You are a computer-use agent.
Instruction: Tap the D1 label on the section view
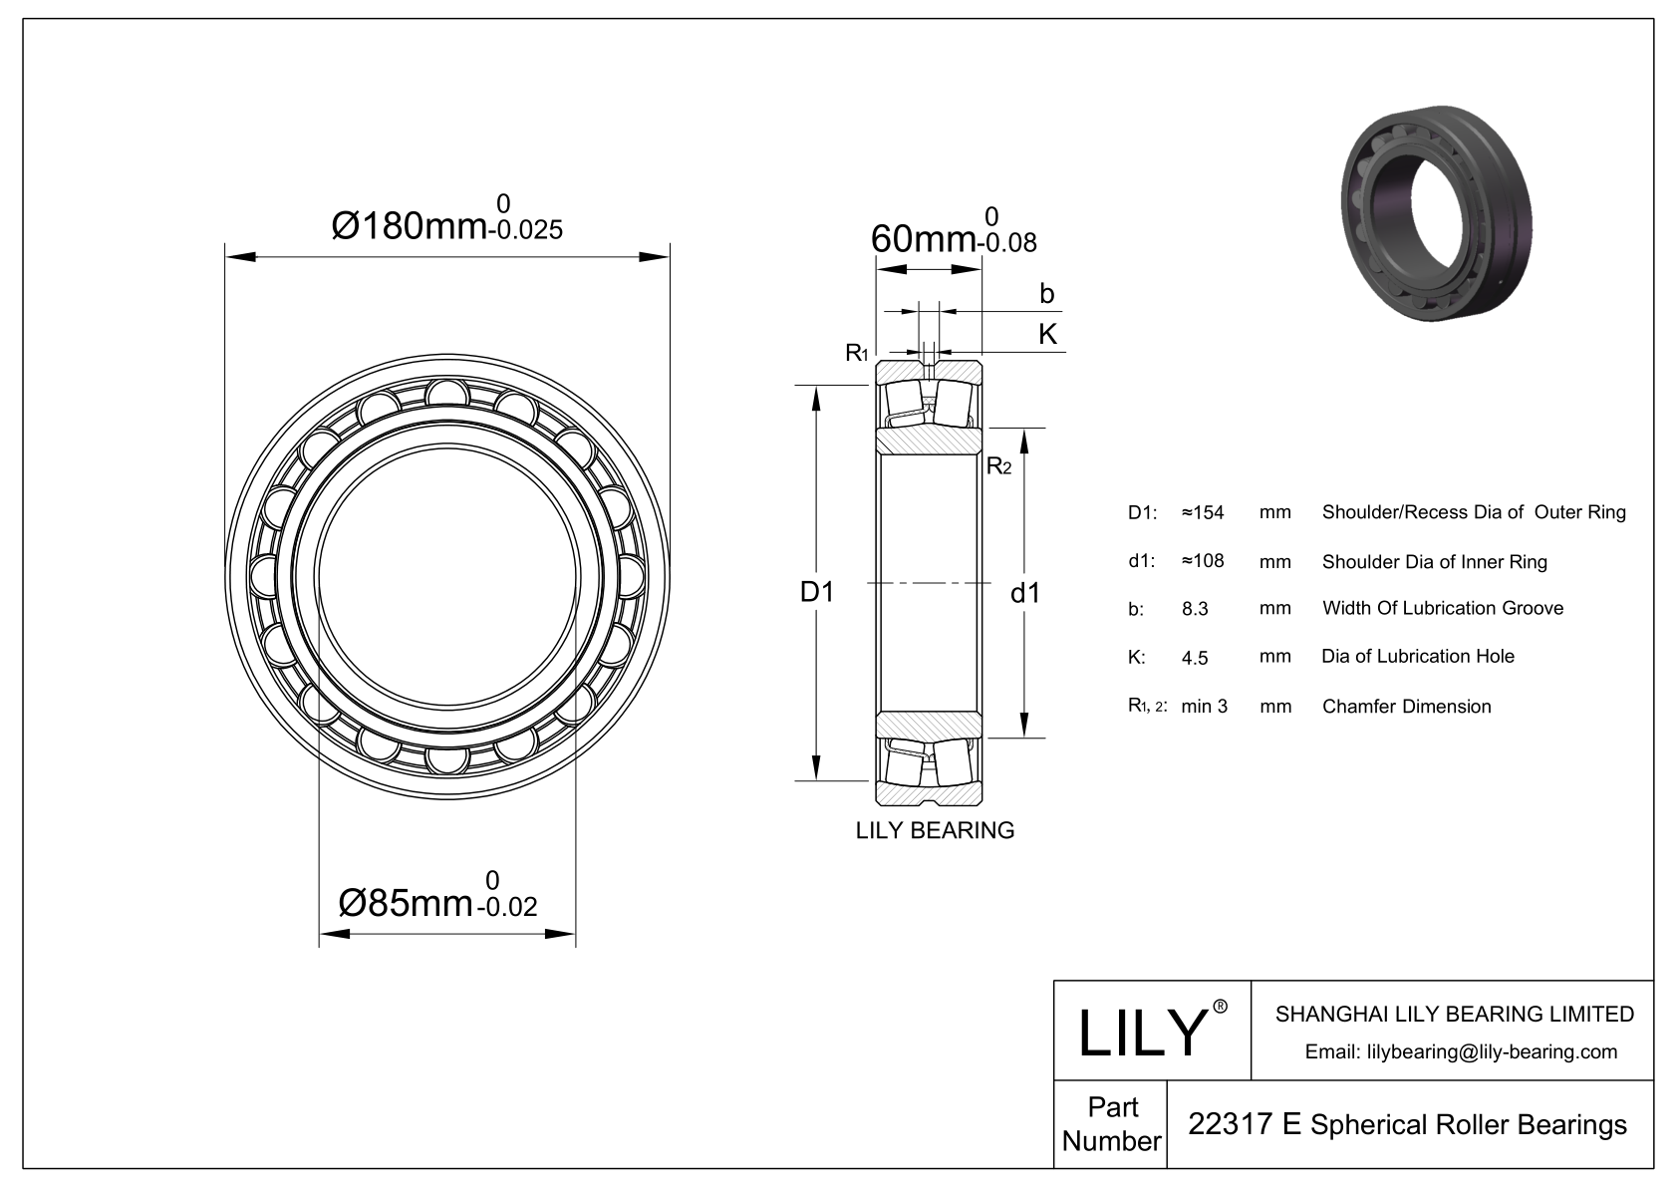(817, 592)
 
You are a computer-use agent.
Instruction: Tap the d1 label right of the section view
(1025, 594)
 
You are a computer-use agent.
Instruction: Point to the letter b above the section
(1046, 294)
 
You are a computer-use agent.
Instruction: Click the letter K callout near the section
(1047, 334)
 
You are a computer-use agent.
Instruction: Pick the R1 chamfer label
(856, 352)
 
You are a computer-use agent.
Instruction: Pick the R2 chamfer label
(998, 465)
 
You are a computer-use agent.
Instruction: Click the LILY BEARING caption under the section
(935, 830)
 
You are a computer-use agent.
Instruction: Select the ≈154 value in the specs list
(1202, 512)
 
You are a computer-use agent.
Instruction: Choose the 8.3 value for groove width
(1195, 609)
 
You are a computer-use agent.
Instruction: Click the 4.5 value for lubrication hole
(1195, 658)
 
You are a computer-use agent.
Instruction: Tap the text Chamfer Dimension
(1406, 707)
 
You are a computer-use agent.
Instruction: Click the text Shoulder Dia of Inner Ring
(1434, 562)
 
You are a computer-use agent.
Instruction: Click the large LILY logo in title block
(1143, 1032)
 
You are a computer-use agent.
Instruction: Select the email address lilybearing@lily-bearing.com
(1462, 1051)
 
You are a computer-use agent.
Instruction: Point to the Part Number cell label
(1111, 1124)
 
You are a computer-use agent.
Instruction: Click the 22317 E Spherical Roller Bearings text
(1407, 1124)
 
